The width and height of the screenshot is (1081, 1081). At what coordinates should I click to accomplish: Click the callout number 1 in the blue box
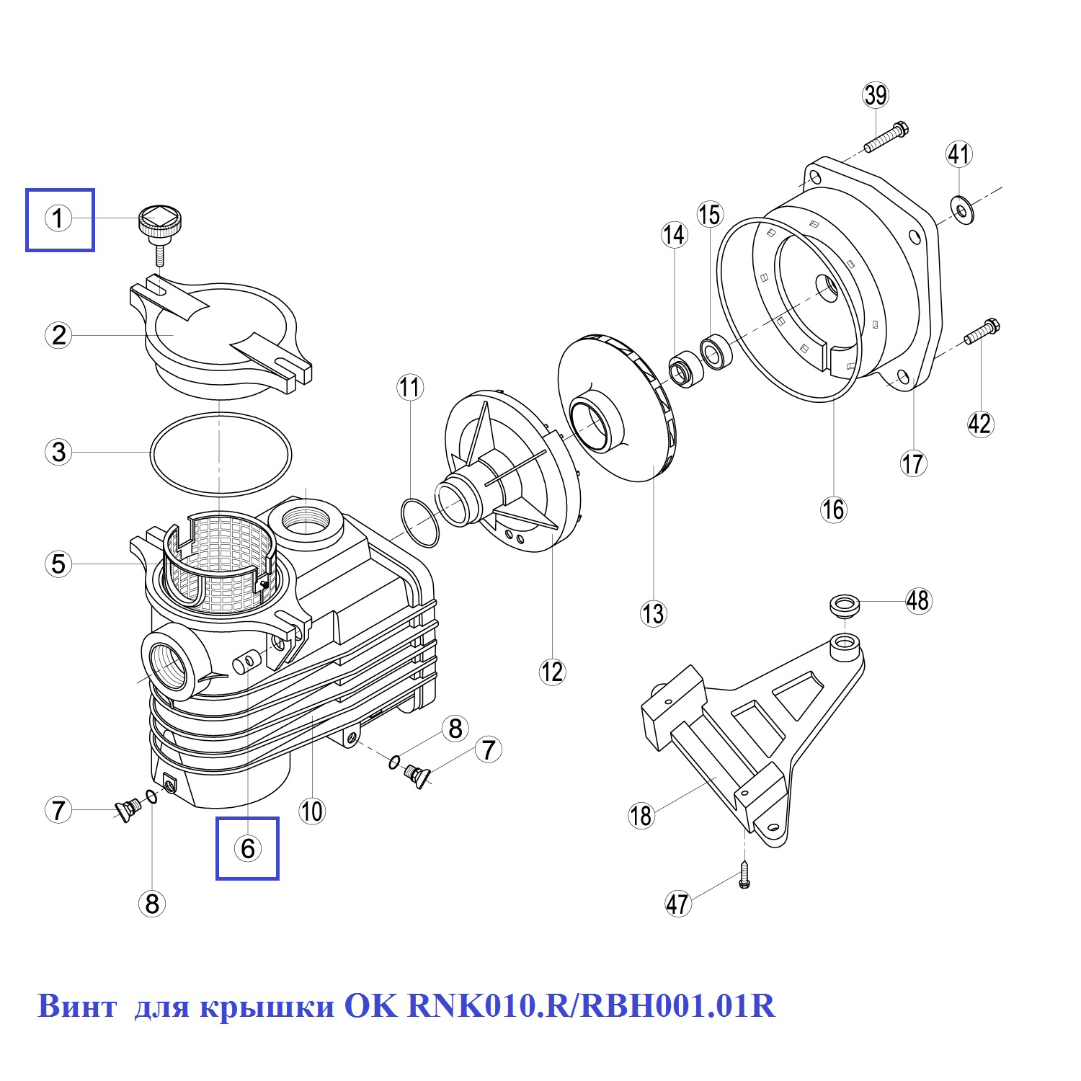[59, 218]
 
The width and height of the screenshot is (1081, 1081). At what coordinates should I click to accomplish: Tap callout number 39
[876, 95]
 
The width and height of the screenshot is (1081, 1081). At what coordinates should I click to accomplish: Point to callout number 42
[980, 423]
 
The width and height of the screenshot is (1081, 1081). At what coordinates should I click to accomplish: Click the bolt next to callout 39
[886, 138]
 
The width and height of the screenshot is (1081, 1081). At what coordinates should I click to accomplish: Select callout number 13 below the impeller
[654, 614]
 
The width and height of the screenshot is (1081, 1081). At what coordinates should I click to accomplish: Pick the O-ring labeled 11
[419, 522]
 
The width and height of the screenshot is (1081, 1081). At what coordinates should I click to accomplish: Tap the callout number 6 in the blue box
[248, 848]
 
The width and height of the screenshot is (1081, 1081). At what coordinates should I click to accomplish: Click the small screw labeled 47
[744, 874]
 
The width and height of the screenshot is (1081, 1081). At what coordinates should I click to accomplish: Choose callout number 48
[918, 600]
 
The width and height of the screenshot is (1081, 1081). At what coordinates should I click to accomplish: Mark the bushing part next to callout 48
[845, 605]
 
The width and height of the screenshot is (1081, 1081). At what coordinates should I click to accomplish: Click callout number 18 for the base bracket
[641, 816]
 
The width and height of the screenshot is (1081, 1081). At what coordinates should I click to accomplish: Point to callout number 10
[312, 811]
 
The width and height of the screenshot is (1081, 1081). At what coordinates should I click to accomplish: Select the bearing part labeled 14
[685, 369]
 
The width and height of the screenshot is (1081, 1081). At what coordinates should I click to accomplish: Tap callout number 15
[710, 215]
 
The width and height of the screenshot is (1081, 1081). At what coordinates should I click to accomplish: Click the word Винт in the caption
[76, 1006]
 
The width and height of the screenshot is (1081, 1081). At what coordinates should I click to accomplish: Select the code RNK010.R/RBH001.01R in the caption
[592, 1006]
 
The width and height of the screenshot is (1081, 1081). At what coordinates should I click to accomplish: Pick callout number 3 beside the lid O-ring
[59, 453]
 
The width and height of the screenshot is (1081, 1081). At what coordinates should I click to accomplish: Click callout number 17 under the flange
[913, 463]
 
